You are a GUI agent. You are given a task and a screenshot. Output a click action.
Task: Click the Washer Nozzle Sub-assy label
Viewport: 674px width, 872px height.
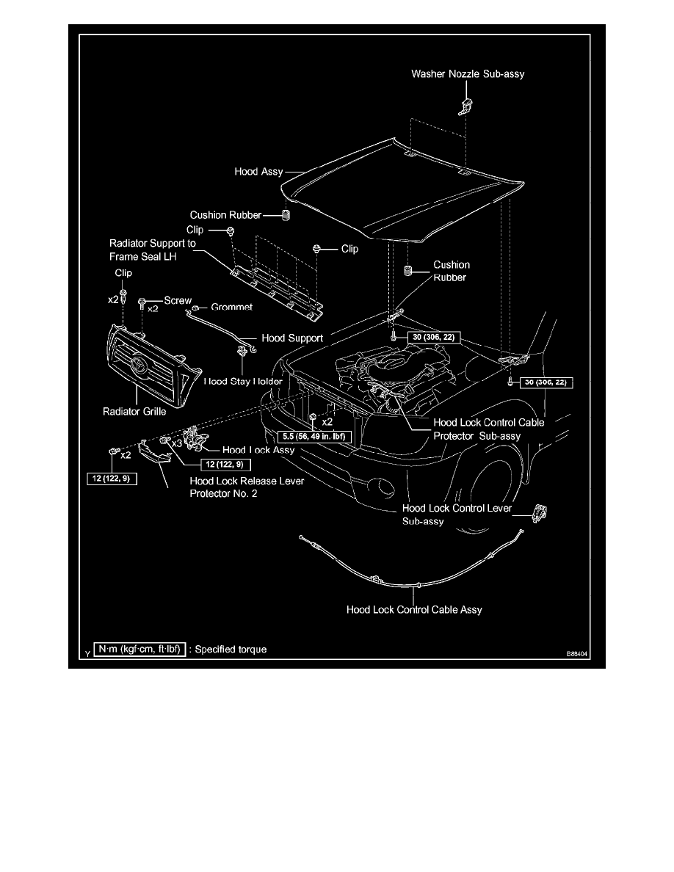pyautogui.click(x=468, y=74)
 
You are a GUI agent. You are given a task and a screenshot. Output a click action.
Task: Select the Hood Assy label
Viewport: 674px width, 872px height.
pyautogui.click(x=258, y=172)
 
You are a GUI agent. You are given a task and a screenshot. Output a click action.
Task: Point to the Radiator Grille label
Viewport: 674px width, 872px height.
pyautogui.click(x=134, y=411)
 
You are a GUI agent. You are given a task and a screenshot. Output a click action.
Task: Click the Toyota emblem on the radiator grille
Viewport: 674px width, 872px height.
pyautogui.click(x=139, y=365)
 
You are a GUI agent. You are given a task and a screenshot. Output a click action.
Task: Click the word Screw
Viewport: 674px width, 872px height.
pyautogui.click(x=177, y=301)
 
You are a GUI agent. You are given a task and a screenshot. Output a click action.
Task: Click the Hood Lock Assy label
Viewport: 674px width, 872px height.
pyautogui.click(x=258, y=450)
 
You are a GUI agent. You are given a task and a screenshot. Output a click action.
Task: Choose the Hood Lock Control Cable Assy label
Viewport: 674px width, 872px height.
pyautogui.click(x=414, y=609)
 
